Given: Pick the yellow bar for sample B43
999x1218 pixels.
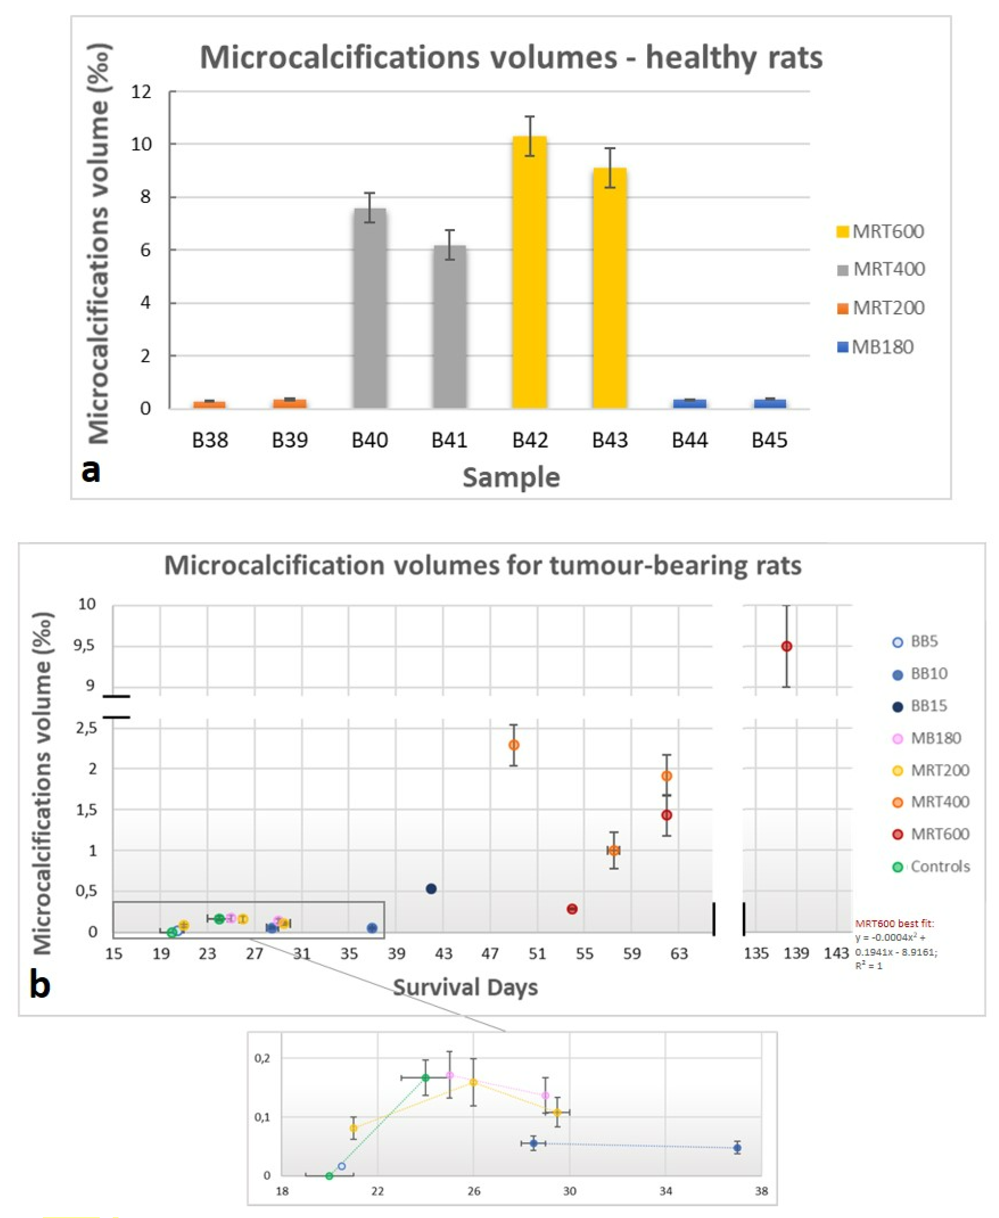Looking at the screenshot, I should coord(609,288).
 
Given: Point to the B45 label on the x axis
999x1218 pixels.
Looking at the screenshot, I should coord(769,440).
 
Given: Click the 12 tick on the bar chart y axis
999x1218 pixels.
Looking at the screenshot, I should coord(142,92).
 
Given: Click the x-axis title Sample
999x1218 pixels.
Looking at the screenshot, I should coord(511,478).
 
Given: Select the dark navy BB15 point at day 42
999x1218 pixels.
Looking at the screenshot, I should coord(431,889).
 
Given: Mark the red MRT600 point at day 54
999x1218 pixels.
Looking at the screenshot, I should coord(572,909).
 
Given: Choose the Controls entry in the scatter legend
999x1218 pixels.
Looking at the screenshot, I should coord(932,866).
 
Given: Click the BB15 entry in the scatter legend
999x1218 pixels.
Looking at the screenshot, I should coord(921,706).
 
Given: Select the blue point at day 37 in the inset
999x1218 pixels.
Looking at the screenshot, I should coord(737,1148).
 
